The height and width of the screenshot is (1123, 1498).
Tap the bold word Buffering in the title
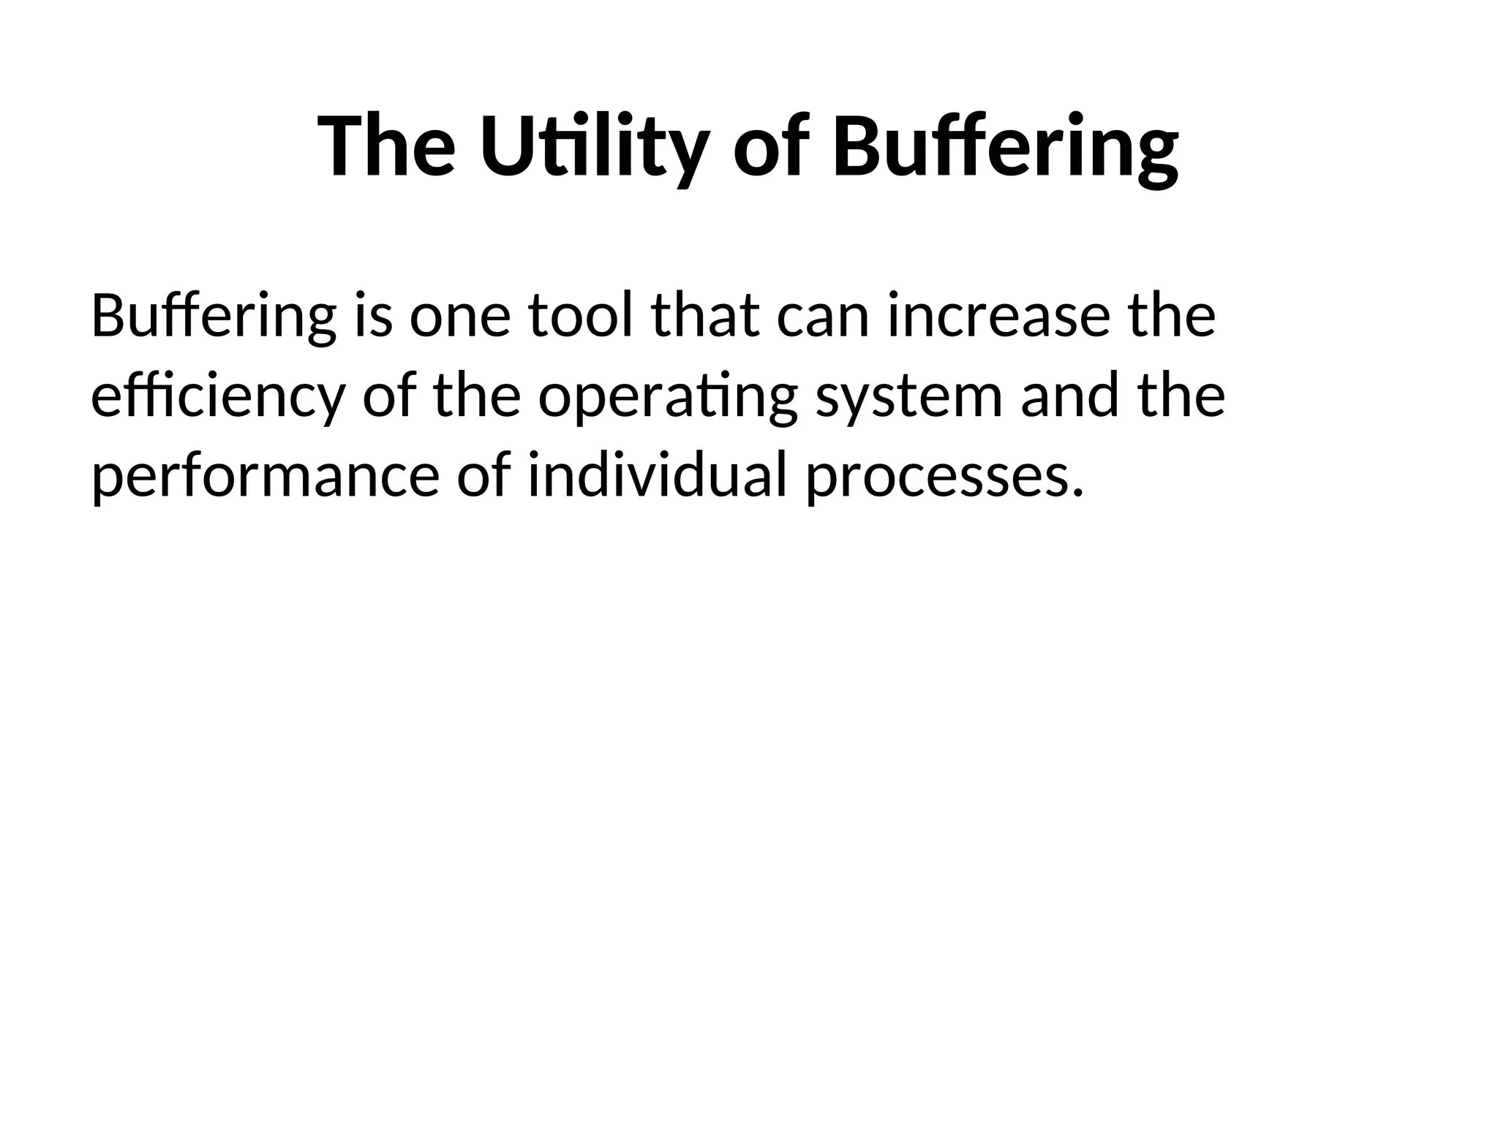[x=1005, y=145]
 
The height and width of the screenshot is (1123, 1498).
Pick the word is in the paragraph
[x=373, y=317]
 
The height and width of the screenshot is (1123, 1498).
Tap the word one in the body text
[x=459, y=317]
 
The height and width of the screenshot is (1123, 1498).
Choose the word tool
[x=580, y=317]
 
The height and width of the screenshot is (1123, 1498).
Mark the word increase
[x=998, y=317]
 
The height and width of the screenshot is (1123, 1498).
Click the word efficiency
[x=217, y=397]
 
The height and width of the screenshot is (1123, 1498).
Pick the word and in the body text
[x=1069, y=397]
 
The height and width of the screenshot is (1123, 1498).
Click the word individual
[x=657, y=476]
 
